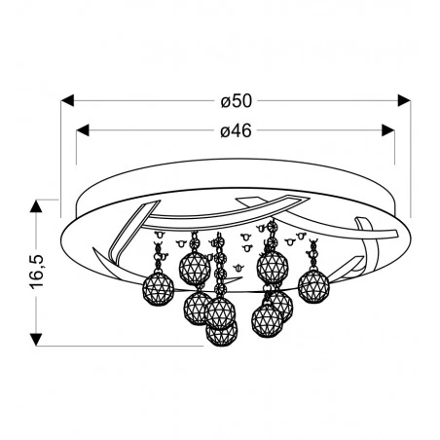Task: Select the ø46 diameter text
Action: [236, 131]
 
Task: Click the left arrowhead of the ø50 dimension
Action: [67, 99]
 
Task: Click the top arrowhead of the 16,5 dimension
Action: [36, 206]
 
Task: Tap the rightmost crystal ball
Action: [313, 283]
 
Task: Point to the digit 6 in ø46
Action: [246, 131]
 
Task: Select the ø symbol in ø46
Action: [224, 132]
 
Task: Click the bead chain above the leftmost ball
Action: [158, 255]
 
